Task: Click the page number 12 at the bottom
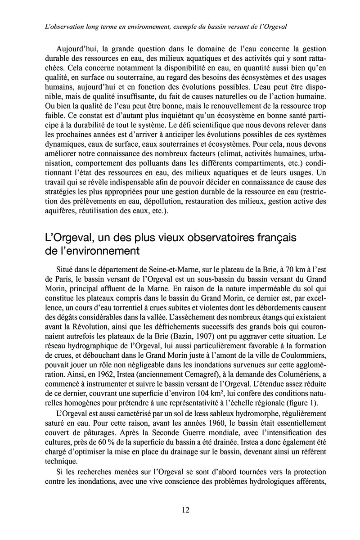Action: [185, 510]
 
